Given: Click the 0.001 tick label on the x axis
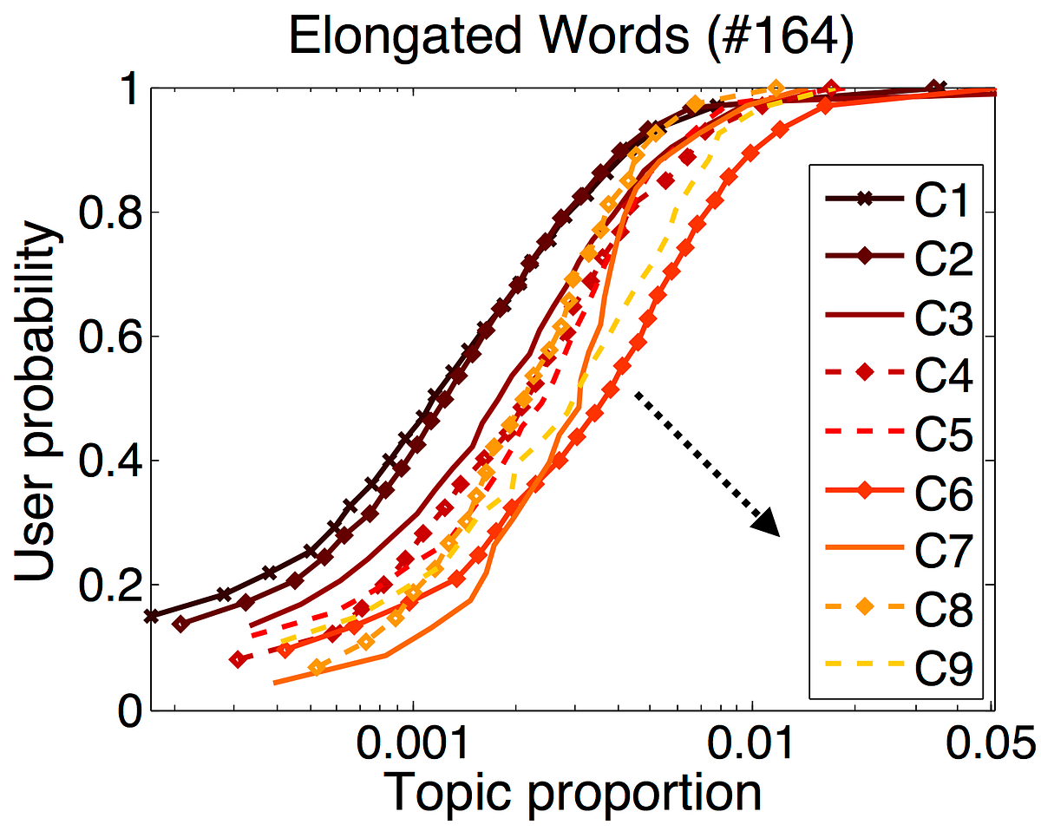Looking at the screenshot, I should pos(413,744).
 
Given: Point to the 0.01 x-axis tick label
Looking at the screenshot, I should pos(751,744).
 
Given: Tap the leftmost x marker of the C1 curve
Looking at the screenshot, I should pos(152,616).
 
